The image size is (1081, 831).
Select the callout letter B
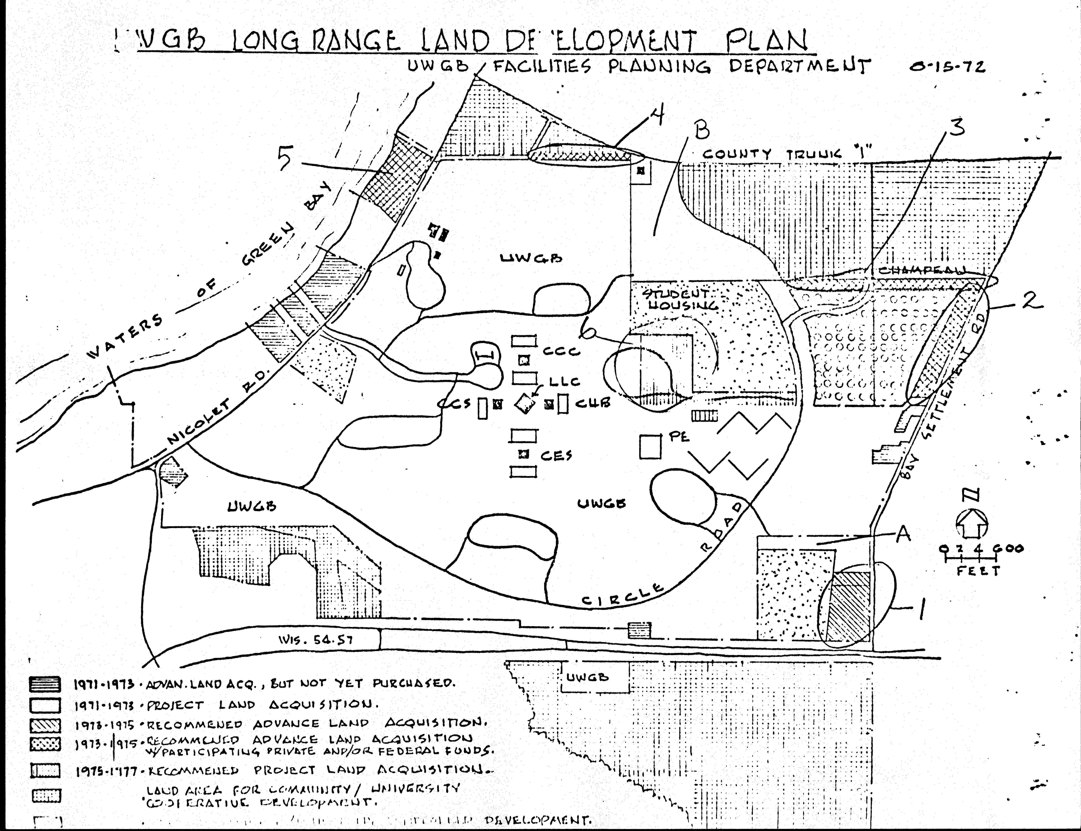point(701,130)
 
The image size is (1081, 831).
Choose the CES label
point(556,455)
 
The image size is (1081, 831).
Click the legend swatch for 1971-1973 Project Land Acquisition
point(46,705)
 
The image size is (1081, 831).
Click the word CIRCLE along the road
point(622,595)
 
